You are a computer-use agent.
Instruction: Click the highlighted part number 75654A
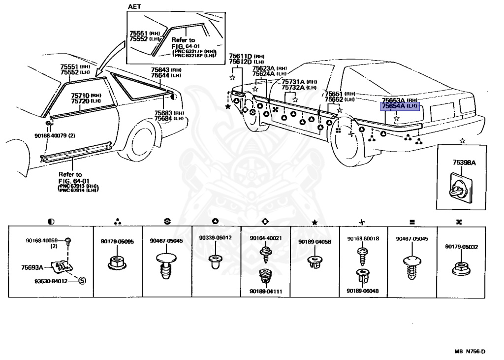[x=393, y=106]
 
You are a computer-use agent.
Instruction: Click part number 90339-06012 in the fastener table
[x=215, y=238]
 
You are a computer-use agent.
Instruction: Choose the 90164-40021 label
[x=265, y=238]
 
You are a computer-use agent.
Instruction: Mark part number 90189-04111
[x=265, y=292]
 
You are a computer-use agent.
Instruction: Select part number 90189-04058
[x=315, y=241]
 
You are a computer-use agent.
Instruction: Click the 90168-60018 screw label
[x=363, y=238]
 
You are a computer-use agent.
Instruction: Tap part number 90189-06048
[x=363, y=291]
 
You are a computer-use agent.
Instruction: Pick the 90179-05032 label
[x=462, y=247]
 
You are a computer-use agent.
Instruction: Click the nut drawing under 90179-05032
[x=461, y=269]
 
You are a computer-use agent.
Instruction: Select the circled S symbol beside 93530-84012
[x=82, y=281]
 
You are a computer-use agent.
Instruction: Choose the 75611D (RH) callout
[x=240, y=56]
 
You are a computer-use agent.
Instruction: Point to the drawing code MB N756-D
[x=470, y=352]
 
